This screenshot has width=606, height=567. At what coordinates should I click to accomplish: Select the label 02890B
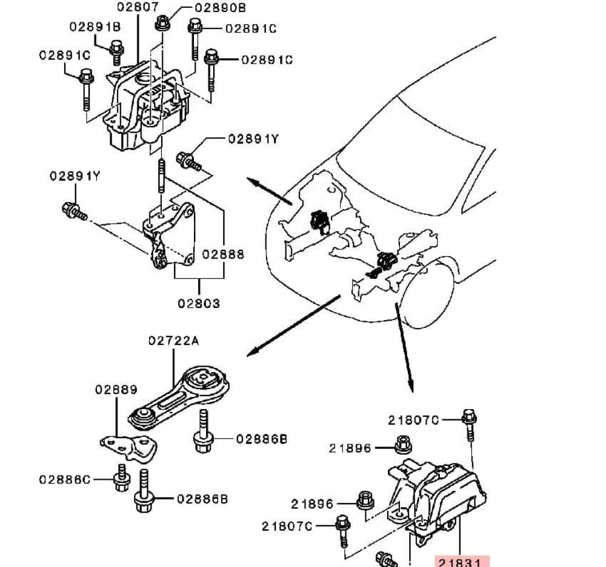pyautogui.click(x=220, y=8)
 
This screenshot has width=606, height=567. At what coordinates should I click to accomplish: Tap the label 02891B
pyautogui.click(x=95, y=27)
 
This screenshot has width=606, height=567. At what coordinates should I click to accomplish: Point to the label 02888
pyautogui.click(x=223, y=254)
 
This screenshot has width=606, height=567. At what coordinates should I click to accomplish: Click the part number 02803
pyautogui.click(x=199, y=303)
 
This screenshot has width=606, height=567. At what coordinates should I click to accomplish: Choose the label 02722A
pyautogui.click(x=174, y=341)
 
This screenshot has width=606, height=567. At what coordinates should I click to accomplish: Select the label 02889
pyautogui.click(x=116, y=390)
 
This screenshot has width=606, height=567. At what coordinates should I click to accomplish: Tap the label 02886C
pyautogui.click(x=65, y=480)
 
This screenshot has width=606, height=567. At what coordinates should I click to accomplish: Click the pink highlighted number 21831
pyautogui.click(x=462, y=562)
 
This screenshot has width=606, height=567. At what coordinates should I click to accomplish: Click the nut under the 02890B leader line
pyautogui.click(x=162, y=23)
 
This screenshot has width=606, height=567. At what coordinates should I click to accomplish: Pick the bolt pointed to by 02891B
pyautogui.click(x=116, y=51)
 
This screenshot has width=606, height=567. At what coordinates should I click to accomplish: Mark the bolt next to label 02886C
pyautogui.click(x=122, y=477)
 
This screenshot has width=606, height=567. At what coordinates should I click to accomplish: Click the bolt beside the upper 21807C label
pyautogui.click(x=469, y=424)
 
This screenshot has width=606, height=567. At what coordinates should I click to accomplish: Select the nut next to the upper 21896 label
pyautogui.click(x=404, y=444)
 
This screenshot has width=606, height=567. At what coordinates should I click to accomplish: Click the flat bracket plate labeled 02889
pyautogui.click(x=129, y=448)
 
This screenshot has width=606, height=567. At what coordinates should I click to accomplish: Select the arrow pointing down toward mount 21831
pyautogui.click(x=404, y=348)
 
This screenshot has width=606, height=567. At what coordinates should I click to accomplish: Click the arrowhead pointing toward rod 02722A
pyautogui.click(x=253, y=352)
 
